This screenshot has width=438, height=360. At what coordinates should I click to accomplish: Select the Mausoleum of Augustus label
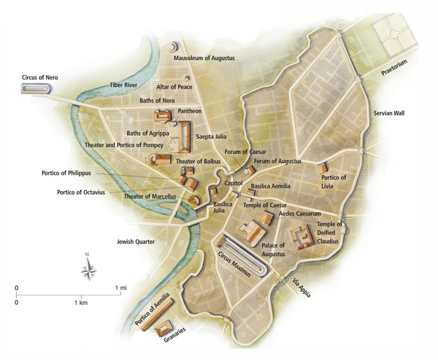[x=204, y=58]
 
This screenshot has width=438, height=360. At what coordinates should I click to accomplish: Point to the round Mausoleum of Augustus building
[x=172, y=47]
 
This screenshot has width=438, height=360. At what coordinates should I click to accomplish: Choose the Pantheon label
[x=190, y=111]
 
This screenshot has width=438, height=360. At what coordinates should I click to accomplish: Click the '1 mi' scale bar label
[x=122, y=288]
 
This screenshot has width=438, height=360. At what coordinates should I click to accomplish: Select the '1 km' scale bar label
[x=80, y=302]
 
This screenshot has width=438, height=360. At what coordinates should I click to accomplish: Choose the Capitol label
[x=233, y=183]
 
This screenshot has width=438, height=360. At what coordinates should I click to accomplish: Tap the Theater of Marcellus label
[x=151, y=196]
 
